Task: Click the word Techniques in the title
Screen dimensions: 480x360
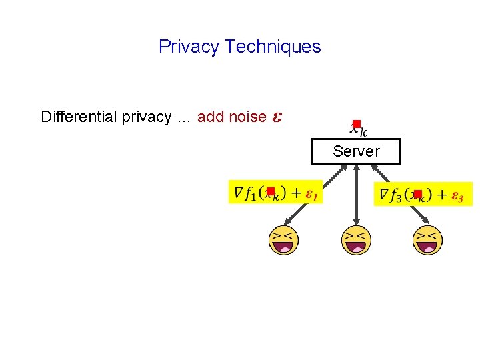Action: [273, 47]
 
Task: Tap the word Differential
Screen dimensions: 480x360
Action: [79, 117]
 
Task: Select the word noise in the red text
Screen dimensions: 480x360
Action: [247, 117]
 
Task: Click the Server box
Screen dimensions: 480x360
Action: [356, 151]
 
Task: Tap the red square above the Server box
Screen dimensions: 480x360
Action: [357, 124]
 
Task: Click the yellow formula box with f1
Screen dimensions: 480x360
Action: [275, 193]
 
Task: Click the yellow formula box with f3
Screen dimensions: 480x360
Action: [423, 194]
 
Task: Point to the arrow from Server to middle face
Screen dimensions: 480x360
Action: [357, 197]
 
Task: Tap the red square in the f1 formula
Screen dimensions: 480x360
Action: [271, 192]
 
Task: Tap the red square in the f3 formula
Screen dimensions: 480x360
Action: [417, 194]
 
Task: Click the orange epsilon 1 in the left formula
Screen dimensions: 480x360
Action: [311, 194]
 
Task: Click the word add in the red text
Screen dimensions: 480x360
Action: [211, 117]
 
